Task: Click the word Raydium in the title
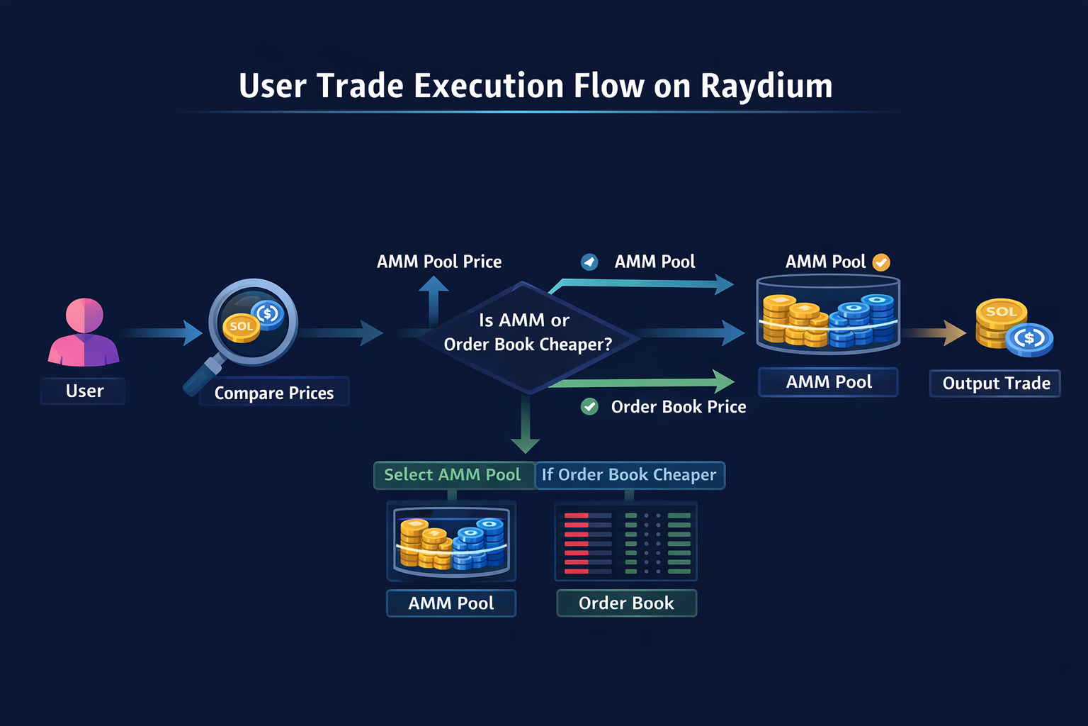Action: point(766,86)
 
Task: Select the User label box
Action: point(84,391)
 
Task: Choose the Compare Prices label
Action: point(274,393)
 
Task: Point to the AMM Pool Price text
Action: point(439,262)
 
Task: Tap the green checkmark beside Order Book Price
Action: point(589,406)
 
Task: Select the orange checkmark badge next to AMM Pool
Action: point(881,262)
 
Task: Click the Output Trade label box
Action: point(995,384)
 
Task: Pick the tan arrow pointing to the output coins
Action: point(936,332)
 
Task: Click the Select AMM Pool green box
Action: point(453,475)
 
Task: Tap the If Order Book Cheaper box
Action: point(629,475)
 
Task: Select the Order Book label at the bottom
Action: point(626,603)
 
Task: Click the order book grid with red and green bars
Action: point(626,542)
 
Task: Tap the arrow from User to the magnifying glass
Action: point(163,333)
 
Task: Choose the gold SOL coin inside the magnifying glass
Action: point(242,327)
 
